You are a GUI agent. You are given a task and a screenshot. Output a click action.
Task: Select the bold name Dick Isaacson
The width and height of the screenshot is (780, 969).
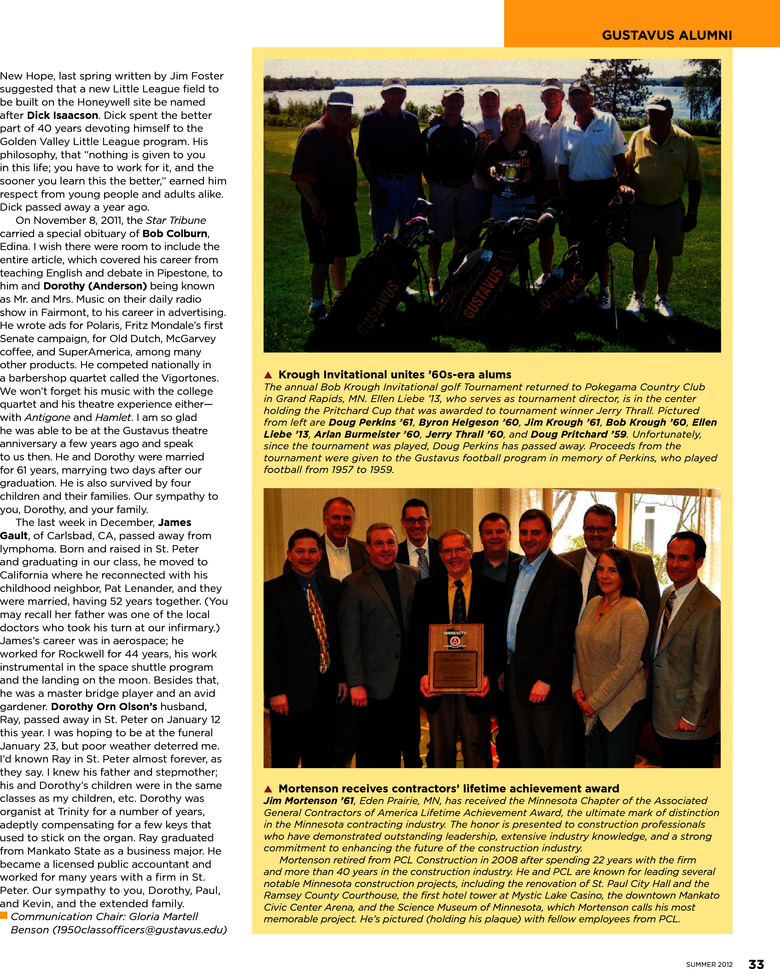62,115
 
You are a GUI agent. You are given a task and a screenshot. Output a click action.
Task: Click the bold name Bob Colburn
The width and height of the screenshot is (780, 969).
175,234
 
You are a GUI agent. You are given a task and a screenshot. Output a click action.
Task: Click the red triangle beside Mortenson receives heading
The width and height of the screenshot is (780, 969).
269,789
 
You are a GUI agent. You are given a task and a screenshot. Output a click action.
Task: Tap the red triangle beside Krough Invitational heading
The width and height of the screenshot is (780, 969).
269,375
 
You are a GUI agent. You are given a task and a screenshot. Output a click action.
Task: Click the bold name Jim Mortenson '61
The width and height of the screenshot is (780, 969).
309,801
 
